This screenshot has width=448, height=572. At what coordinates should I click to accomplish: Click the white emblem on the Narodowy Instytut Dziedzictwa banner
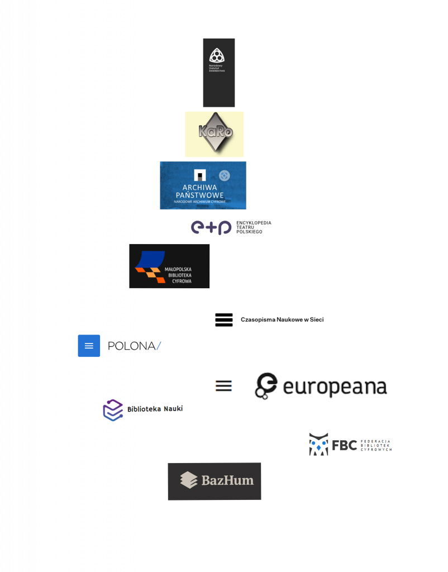coord(217,55)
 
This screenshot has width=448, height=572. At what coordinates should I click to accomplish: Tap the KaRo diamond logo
coord(215,132)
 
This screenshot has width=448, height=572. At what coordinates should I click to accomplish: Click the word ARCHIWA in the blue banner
coord(199,187)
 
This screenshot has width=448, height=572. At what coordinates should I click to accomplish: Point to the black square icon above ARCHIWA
coord(199,175)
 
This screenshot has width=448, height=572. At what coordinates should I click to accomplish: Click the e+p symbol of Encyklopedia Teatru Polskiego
coord(211,227)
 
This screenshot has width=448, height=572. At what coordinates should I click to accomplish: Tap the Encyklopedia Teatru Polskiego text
coord(254,227)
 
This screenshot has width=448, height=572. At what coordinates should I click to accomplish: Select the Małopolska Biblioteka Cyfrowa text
coord(178,275)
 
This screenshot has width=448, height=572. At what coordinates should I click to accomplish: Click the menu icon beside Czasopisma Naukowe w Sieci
coord(223,320)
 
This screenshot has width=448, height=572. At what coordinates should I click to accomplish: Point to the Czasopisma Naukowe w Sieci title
coord(282,320)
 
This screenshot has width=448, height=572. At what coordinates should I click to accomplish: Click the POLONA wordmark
coord(135,346)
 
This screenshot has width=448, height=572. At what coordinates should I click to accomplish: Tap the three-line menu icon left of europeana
coord(223,385)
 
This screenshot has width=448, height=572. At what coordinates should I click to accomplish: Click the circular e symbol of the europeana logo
coord(266,385)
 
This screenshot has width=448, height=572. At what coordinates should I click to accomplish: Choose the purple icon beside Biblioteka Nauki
coord(113,410)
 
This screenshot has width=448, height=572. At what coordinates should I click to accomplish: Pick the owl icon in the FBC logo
coord(318,444)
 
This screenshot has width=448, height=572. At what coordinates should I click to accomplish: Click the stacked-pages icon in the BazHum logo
coord(189,480)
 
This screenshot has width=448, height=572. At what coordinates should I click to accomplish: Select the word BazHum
coord(227,480)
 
